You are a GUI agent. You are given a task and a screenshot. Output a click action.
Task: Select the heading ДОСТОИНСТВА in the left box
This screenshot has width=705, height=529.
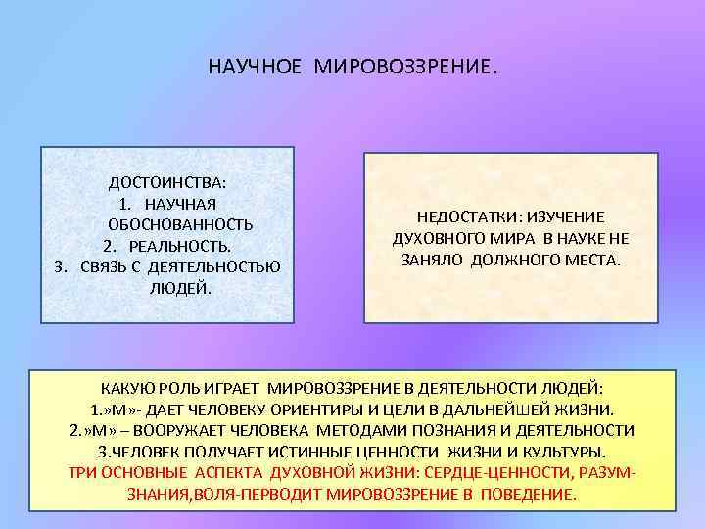pyautogui.click(x=166, y=182)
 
